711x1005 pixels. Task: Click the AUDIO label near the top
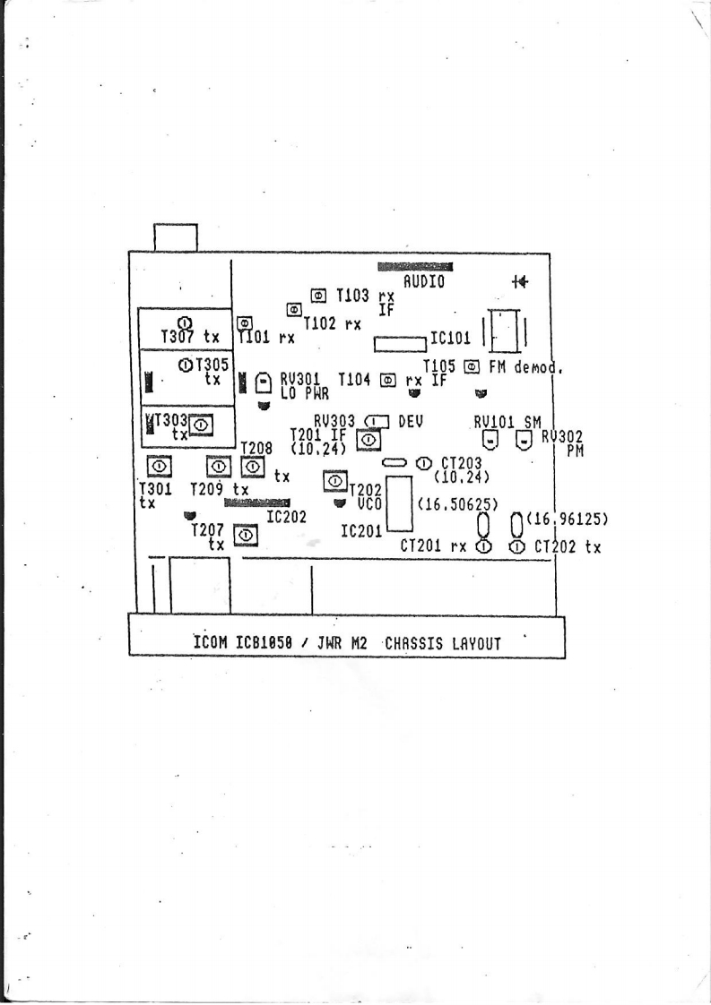(423, 280)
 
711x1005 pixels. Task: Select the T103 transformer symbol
(318, 295)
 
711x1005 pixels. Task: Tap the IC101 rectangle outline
(399, 343)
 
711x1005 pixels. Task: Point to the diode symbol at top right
(519, 281)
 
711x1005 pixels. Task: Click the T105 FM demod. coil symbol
(471, 366)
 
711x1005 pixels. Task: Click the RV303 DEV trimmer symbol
(376, 420)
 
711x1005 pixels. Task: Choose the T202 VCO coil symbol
(334, 482)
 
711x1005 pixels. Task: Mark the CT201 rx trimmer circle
(483, 546)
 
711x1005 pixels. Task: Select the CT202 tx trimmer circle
(517, 546)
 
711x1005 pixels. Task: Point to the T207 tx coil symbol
(245, 536)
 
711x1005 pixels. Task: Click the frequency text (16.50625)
(458, 504)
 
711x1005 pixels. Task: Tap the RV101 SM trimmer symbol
(490, 439)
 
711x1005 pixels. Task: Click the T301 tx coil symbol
(159, 467)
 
